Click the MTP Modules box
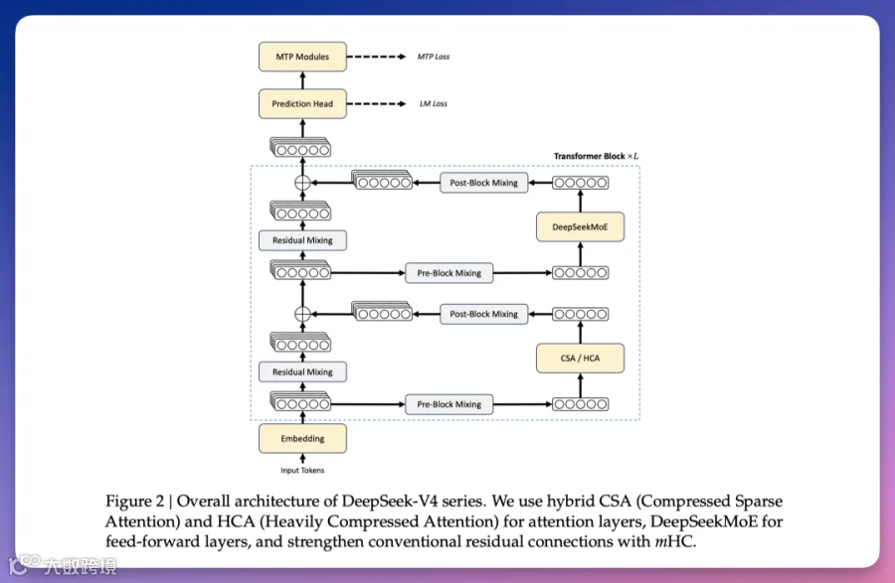tap(302, 57)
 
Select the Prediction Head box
tap(302, 104)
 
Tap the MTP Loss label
tap(433, 57)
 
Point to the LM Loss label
tap(433, 104)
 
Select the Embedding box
tap(302, 438)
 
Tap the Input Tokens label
tap(302, 470)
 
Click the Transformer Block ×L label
tap(596, 156)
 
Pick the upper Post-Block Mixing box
tap(483, 183)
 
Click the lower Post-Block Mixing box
tap(483, 314)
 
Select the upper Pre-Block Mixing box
tap(448, 272)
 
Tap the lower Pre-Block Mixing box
tap(448, 404)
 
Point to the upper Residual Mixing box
tap(302, 240)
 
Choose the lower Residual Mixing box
tap(302, 372)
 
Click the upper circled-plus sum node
tap(303, 183)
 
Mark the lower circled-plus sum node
tap(303, 314)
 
